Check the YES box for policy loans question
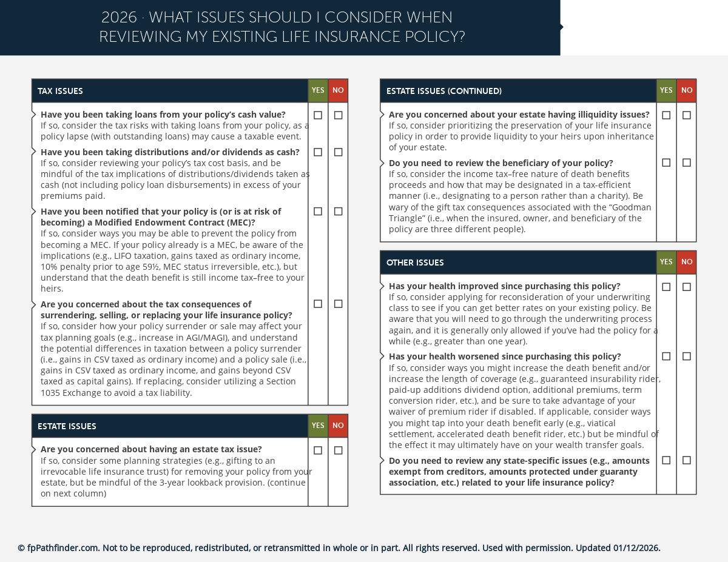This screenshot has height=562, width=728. [x=318, y=115]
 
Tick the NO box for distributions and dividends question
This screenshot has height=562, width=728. [x=338, y=152]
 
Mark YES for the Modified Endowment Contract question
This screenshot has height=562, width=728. [x=318, y=212]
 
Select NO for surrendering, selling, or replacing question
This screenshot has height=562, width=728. [x=338, y=304]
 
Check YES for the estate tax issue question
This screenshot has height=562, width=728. [x=318, y=450]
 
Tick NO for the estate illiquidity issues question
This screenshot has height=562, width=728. [x=686, y=115]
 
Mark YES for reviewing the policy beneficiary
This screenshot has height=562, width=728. [x=666, y=162]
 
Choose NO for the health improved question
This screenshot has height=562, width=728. [x=686, y=287]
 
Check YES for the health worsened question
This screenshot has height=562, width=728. [x=666, y=356]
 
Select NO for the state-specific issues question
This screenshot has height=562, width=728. [x=686, y=460]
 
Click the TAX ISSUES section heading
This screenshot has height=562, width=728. [x=60, y=92]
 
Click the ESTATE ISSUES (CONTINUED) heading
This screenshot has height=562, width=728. [x=443, y=92]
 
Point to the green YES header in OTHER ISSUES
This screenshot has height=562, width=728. [x=666, y=263]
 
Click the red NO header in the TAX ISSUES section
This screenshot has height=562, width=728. [x=338, y=91]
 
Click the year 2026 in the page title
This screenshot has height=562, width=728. [x=119, y=18]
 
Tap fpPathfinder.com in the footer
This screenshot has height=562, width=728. [x=63, y=548]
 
